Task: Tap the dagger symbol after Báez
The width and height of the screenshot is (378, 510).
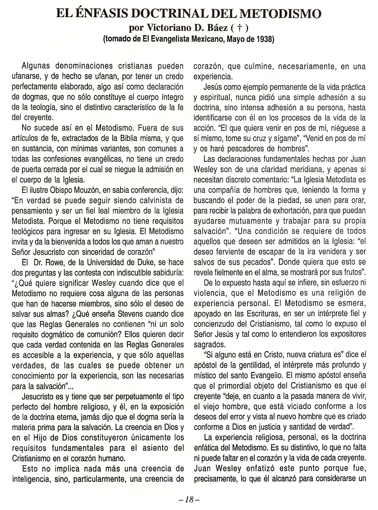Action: point(239,28)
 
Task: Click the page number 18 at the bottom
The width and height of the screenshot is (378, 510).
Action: point(189,499)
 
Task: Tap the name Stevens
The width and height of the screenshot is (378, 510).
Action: point(106,314)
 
